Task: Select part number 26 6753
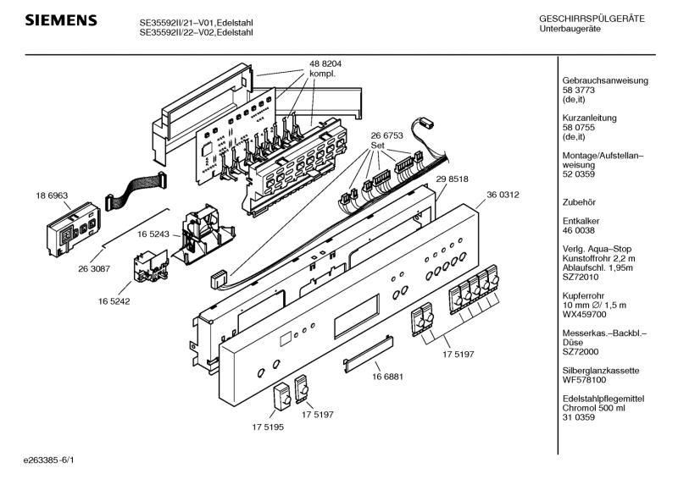pyautogui.click(x=386, y=135)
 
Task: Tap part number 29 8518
pyautogui.click(x=453, y=180)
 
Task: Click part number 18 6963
pyautogui.click(x=52, y=195)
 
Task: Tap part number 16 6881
pyautogui.click(x=388, y=379)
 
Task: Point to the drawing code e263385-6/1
pyautogui.click(x=55, y=461)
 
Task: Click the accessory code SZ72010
pyautogui.click(x=581, y=277)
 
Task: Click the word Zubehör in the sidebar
pyautogui.click(x=581, y=202)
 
